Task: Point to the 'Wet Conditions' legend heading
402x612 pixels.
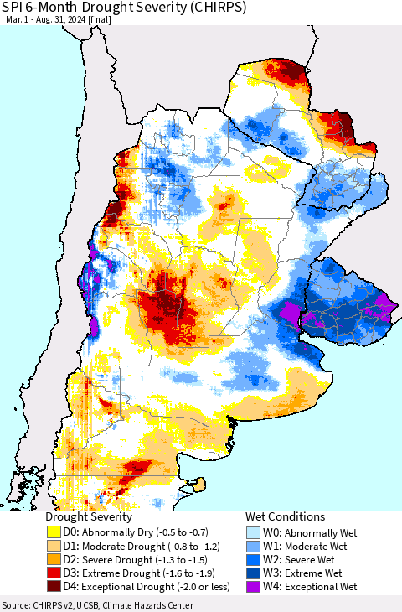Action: [285, 517]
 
